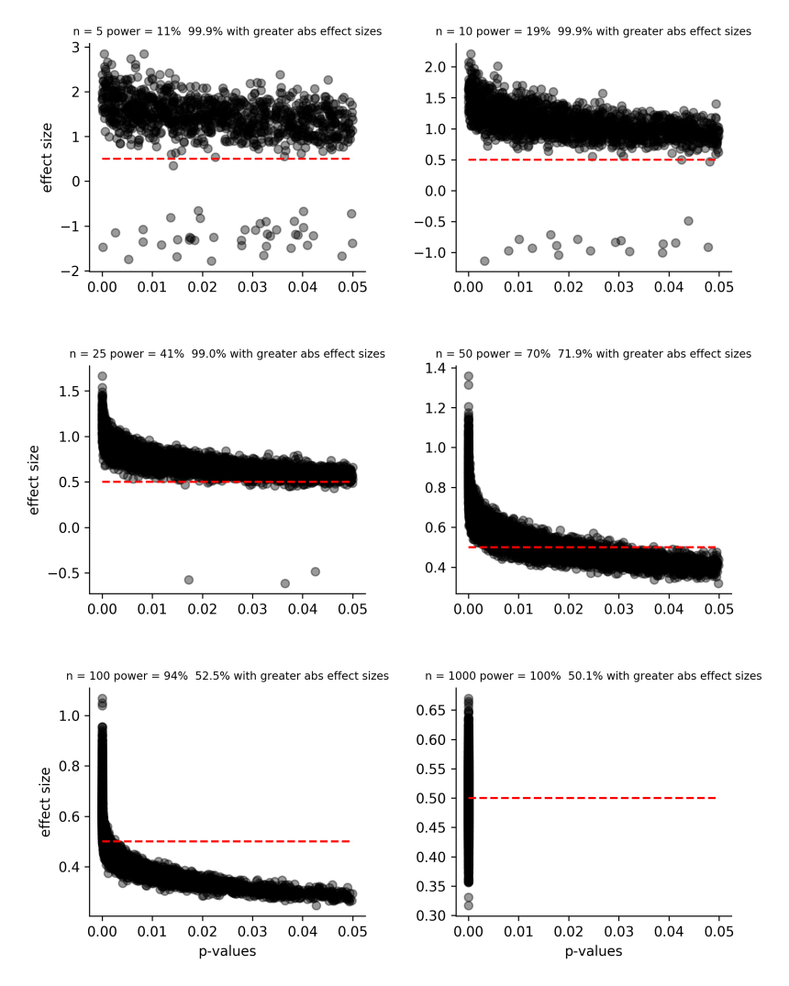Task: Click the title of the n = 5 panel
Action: pyautogui.click(x=227, y=31)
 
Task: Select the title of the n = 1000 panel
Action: pyautogui.click(x=594, y=676)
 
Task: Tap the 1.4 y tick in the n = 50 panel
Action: pyautogui.click(x=436, y=369)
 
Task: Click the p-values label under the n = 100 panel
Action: pyautogui.click(x=227, y=952)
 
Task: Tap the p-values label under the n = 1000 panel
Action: pyautogui.click(x=594, y=952)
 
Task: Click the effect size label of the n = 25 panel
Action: pyautogui.click(x=35, y=480)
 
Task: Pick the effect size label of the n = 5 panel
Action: pyautogui.click(x=46, y=158)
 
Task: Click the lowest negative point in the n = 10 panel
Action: pyautogui.click(x=484, y=261)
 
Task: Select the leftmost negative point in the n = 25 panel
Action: pyautogui.click(x=189, y=580)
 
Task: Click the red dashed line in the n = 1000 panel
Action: pyautogui.click(x=596, y=798)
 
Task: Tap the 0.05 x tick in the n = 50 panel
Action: pyautogui.click(x=718, y=607)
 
